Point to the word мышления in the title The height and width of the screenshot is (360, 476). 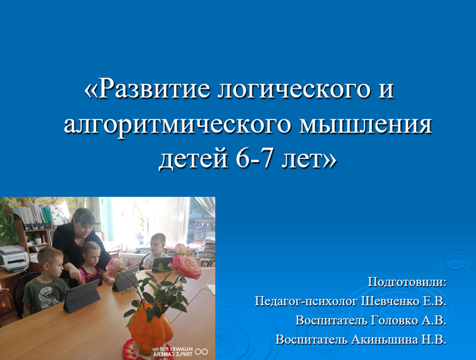(x=365, y=125)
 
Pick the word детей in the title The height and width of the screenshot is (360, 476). (x=193, y=160)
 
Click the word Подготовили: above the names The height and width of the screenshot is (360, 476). (x=407, y=282)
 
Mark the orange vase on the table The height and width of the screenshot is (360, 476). (x=151, y=327)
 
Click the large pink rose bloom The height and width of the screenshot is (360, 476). (x=186, y=266)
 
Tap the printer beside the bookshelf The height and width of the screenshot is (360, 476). (x=14, y=258)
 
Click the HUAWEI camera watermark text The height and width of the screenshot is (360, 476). (x=173, y=351)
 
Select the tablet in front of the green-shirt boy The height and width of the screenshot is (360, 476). (x=82, y=296)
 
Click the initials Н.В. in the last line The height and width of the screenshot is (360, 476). (x=434, y=340)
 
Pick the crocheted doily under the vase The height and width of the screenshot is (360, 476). (x=142, y=350)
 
